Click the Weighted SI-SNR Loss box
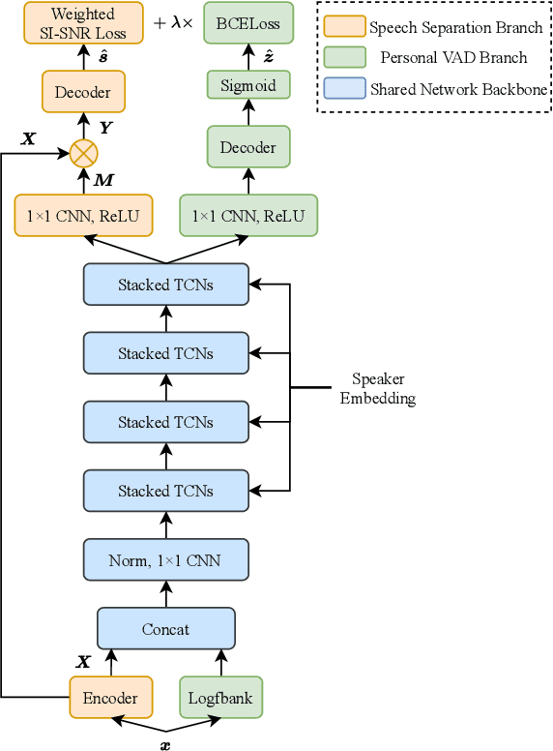(83, 23)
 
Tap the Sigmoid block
(248, 85)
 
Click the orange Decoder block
(83, 93)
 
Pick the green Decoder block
(248, 148)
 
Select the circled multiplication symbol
(84, 152)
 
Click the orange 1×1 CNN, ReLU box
(83, 216)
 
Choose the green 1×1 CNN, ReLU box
(248, 216)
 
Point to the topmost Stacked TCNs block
(165, 285)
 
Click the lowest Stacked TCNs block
(165, 491)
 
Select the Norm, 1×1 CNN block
(165, 559)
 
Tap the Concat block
(165, 629)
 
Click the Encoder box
(110, 698)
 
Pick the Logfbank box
(221, 698)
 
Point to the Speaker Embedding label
(377, 389)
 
